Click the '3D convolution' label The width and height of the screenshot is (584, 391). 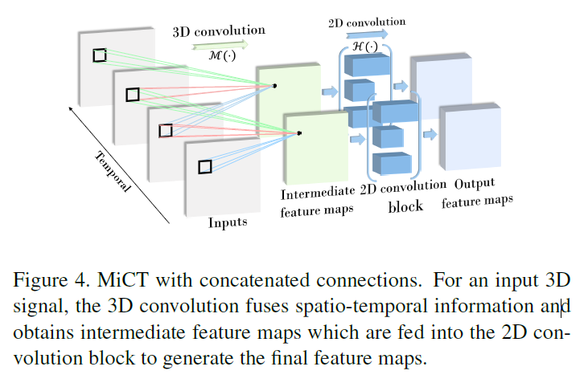pos(219,31)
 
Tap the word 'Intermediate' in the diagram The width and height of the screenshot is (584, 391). pos(318,193)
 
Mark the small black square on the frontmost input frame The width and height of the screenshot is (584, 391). pos(205,166)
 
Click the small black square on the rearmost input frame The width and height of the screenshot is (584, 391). pos(99,55)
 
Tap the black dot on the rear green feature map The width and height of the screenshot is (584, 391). pos(275,85)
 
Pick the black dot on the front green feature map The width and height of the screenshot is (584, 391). pos(299,133)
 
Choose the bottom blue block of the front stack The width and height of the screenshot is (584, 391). pos(394,164)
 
